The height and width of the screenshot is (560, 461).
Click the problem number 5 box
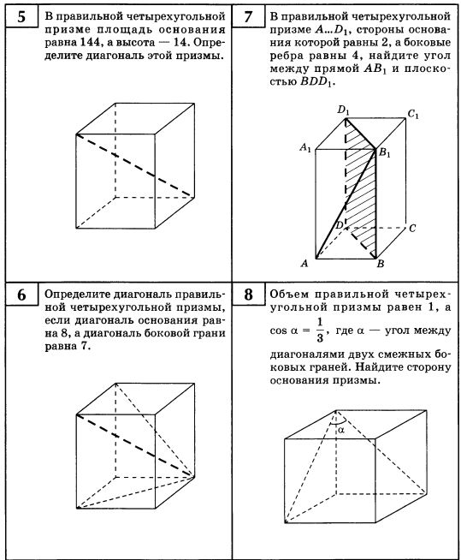(21, 16)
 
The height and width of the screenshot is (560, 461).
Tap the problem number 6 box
(21, 295)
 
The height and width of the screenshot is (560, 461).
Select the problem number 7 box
(248, 16)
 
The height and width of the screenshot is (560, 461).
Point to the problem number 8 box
(248, 295)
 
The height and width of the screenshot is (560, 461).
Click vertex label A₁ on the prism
(305, 147)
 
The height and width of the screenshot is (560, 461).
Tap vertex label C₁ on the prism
(413, 114)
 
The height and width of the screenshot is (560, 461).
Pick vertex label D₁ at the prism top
(343, 110)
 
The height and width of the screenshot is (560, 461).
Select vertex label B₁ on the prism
(384, 153)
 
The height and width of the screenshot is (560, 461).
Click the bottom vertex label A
(304, 264)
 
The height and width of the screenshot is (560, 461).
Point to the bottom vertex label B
(381, 264)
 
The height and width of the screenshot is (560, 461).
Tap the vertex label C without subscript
(412, 229)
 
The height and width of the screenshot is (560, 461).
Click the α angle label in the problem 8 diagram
(341, 430)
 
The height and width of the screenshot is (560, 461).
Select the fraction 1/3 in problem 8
(320, 331)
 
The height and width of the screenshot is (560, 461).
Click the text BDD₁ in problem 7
(316, 82)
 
